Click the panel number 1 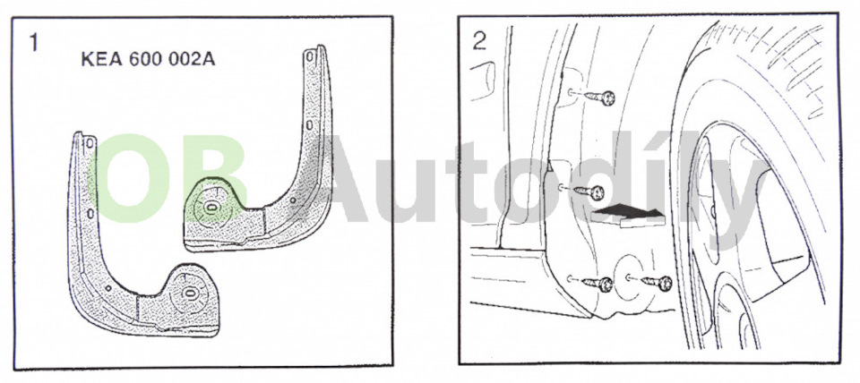click(x=34, y=42)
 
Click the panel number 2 click(x=479, y=41)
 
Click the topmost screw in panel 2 click(x=598, y=98)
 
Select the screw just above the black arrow click(x=588, y=191)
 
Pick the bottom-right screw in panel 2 click(x=657, y=284)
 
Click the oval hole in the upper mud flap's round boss click(x=211, y=207)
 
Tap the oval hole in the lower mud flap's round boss click(x=189, y=294)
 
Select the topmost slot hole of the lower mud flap click(x=90, y=142)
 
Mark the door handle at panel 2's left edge click(x=482, y=81)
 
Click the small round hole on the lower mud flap click(x=108, y=287)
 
